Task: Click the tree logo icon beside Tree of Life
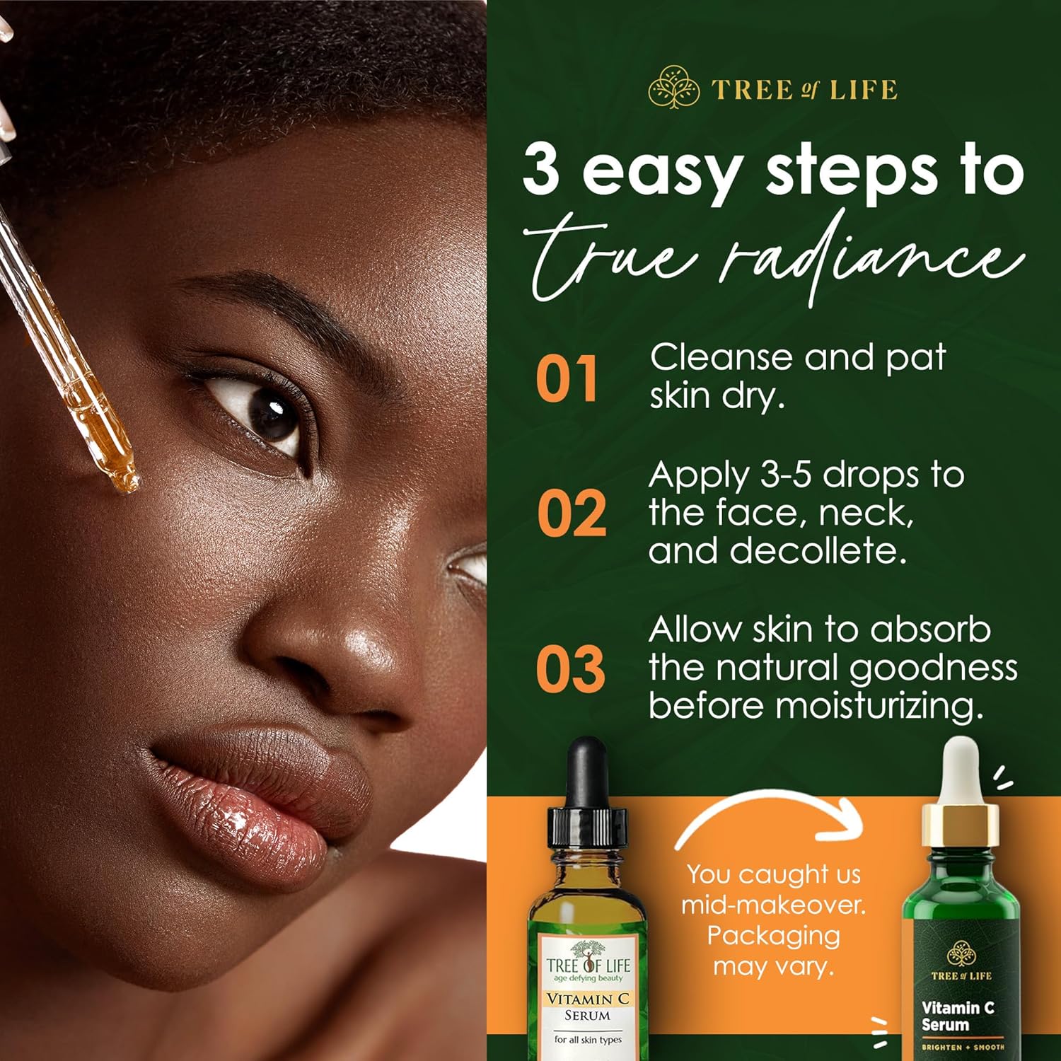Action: [674, 88]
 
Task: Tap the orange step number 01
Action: [567, 378]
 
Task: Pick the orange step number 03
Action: [570, 668]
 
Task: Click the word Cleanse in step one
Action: [721, 357]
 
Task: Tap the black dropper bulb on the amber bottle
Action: [587, 771]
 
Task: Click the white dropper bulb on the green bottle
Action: [961, 767]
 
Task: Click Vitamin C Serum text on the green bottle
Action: [958, 1016]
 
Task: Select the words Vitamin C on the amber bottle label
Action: [587, 999]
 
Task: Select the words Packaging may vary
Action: [773, 951]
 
